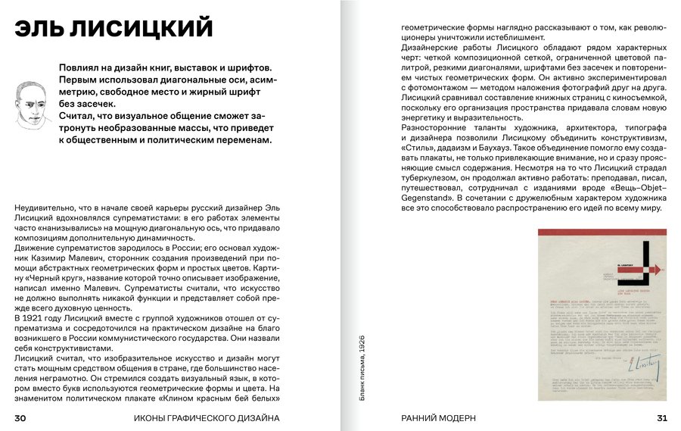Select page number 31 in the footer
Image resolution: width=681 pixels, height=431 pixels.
(x=661, y=418)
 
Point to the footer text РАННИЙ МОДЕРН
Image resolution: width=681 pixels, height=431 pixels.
(x=438, y=418)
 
